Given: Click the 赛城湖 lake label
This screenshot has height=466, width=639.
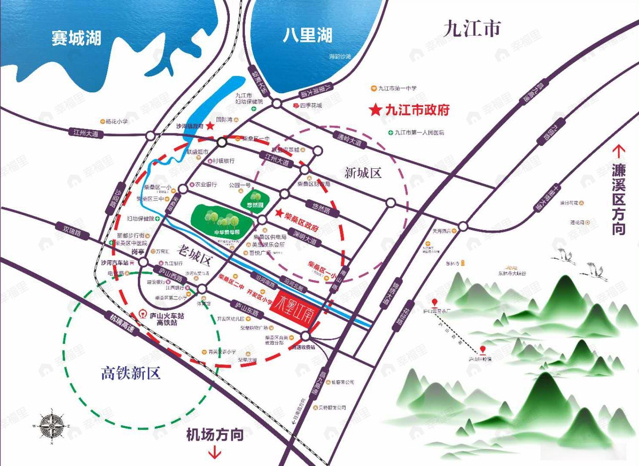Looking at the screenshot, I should pyautogui.click(x=76, y=38).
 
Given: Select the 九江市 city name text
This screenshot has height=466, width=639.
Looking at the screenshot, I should pyautogui.click(x=472, y=28).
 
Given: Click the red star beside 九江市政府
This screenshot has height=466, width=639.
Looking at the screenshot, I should pyautogui.click(x=375, y=110).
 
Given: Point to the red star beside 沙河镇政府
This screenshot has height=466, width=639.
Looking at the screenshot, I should pyautogui.click(x=210, y=126).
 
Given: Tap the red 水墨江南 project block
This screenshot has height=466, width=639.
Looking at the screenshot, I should pyautogui.click(x=292, y=305).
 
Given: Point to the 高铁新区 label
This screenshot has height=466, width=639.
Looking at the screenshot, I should pyautogui.click(x=130, y=373).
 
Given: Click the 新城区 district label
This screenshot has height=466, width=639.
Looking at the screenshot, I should pyautogui.click(x=363, y=173).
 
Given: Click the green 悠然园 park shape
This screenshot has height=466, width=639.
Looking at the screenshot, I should pyautogui.click(x=255, y=199).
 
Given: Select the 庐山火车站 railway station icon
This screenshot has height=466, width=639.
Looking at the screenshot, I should pyautogui.click(x=143, y=315).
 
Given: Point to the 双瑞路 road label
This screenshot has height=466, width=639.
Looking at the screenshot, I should pyautogui.click(x=72, y=232).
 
